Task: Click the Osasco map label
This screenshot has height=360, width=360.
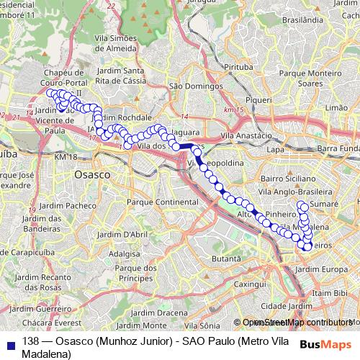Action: (92, 174)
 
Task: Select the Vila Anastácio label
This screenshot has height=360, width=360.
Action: (246, 136)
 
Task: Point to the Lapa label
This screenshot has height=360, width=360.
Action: (276, 149)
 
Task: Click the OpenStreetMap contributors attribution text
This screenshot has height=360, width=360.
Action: (296, 323)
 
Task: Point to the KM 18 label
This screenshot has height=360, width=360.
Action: (64, 156)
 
